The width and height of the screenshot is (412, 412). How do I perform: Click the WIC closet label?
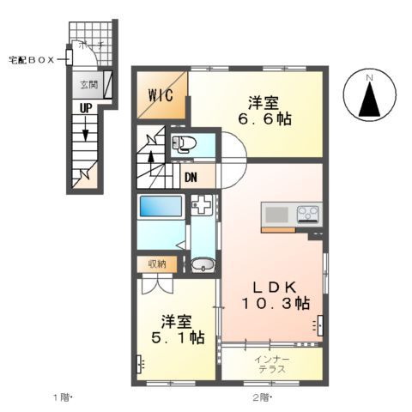(x=161, y=94)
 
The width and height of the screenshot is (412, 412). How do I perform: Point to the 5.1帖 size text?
(x=173, y=338)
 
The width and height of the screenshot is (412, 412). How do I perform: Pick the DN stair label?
(x=190, y=178)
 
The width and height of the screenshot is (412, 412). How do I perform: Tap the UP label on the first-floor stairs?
(x=86, y=109)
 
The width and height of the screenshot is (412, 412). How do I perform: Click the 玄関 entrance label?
(x=88, y=84)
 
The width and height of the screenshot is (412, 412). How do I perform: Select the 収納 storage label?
(x=156, y=264)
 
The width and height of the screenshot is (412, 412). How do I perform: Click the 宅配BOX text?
(x=33, y=60)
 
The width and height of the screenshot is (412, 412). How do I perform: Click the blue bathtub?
(x=161, y=208)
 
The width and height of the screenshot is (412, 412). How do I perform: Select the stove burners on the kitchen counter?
(x=307, y=213)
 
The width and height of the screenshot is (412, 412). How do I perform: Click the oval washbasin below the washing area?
(x=202, y=264)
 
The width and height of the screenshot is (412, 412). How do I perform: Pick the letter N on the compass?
(x=370, y=80)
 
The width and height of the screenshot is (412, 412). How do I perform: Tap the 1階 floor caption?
(x=63, y=397)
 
